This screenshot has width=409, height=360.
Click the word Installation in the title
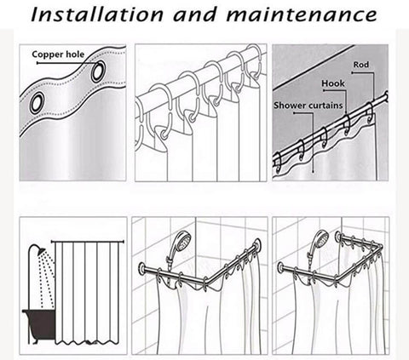[x=96, y=14]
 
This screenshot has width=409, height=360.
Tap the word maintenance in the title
[x=302, y=14]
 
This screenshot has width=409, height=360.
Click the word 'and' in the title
[x=194, y=14]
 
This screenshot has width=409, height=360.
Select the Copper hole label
[x=58, y=54]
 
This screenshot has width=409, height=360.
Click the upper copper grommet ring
[x=98, y=71]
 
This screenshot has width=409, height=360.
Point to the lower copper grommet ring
[x=37, y=103]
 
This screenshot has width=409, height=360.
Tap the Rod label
[x=361, y=65]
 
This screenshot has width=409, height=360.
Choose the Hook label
[x=333, y=83]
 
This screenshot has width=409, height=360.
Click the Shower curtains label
[x=308, y=106]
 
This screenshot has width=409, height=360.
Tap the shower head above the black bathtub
[x=42, y=251]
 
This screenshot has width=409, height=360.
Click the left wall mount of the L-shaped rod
[x=142, y=267]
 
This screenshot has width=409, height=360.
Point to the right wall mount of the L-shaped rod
[x=258, y=243]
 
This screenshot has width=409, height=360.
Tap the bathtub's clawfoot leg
[x=35, y=340]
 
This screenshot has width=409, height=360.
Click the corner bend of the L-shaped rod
[x=210, y=282]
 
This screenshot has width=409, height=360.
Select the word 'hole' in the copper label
[x=75, y=54]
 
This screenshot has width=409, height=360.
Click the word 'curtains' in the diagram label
[x=325, y=106]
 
